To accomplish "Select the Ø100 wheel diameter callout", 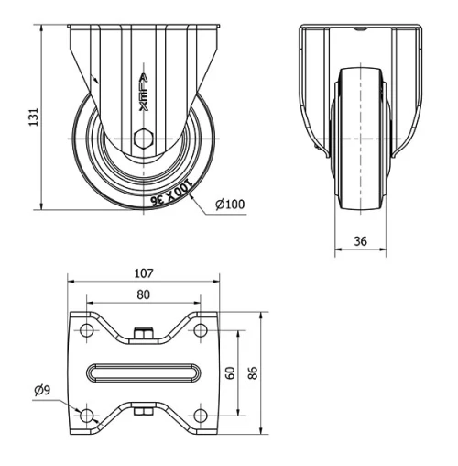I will (x=228, y=203).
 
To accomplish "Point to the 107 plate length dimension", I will (x=142, y=272).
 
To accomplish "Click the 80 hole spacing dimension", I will (x=142, y=295).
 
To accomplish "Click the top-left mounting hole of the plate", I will (x=88, y=331).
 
